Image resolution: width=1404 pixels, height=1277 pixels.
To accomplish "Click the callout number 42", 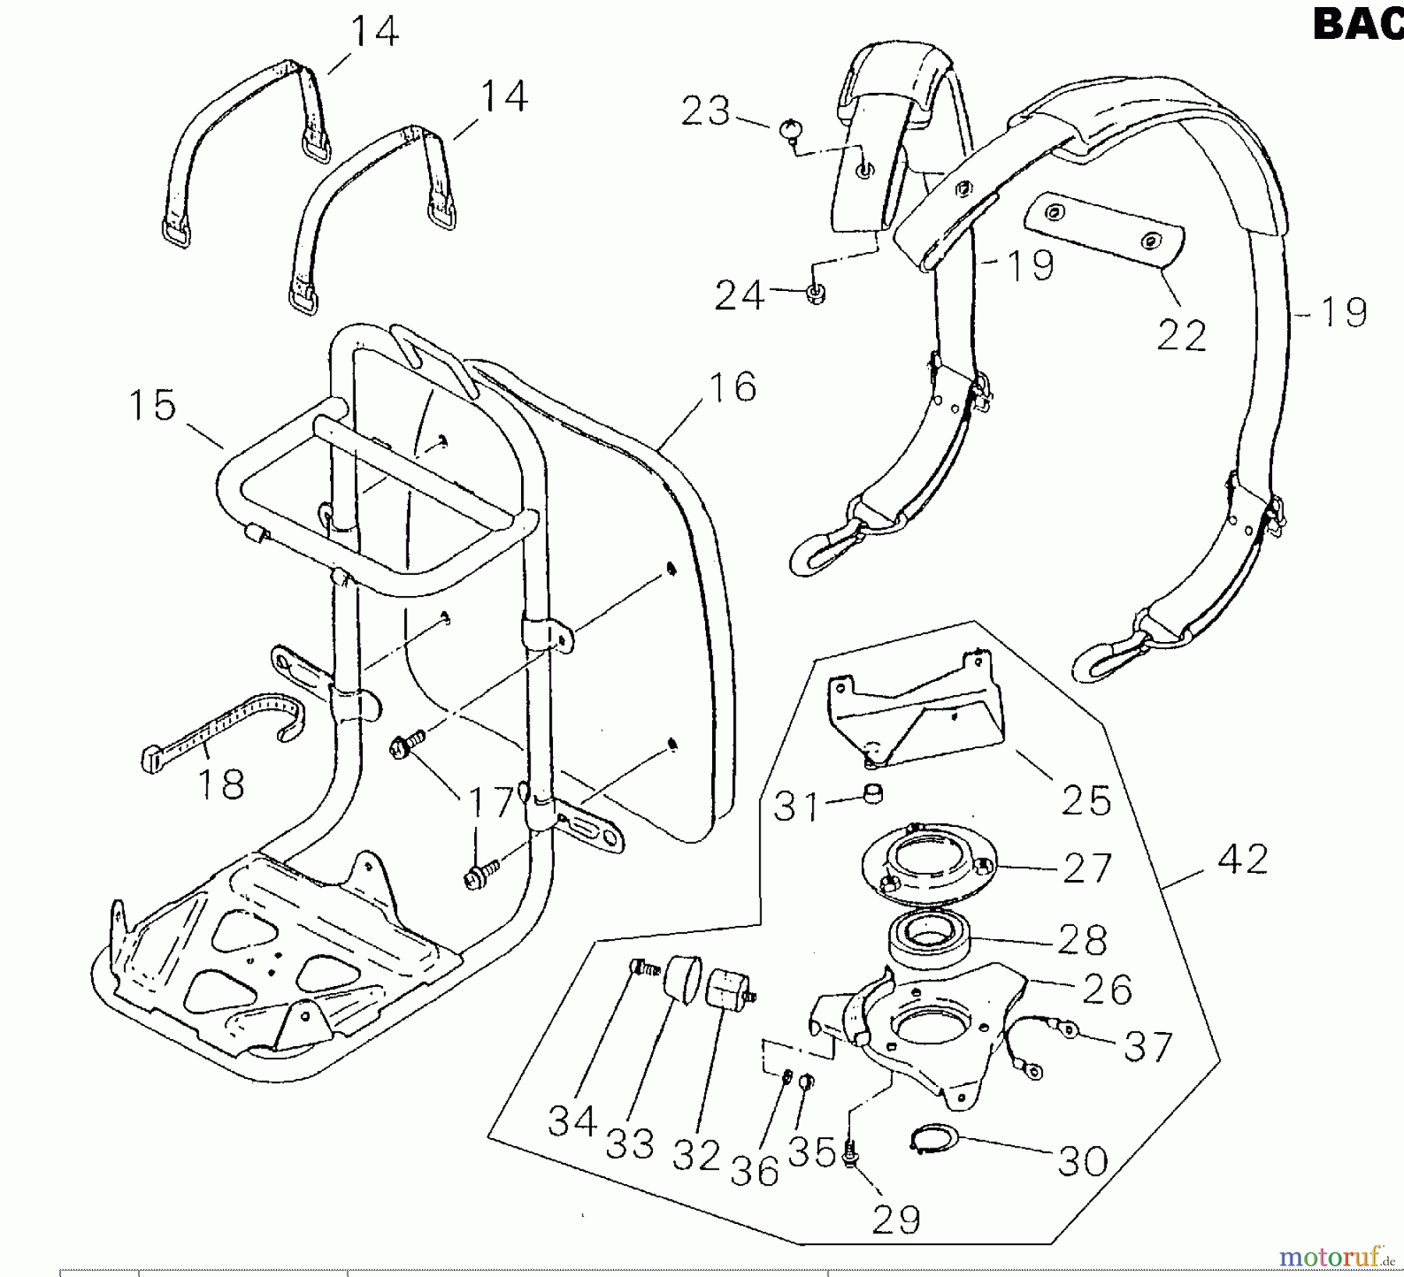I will click(x=1243, y=860).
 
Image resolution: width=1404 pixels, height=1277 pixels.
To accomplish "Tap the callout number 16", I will click(x=732, y=388).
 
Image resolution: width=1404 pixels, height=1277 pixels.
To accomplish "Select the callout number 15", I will click(x=152, y=406).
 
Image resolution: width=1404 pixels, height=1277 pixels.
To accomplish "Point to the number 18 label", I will click(x=221, y=784).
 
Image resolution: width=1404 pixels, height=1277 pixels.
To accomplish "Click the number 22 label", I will click(x=1181, y=336).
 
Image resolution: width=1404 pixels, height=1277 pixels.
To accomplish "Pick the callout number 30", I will click(x=1083, y=1162).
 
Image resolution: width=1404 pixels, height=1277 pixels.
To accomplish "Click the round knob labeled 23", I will click(x=790, y=129).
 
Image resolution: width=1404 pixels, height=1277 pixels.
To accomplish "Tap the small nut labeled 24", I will click(x=816, y=294).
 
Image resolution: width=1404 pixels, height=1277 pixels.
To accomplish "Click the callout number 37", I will click(x=1148, y=1047).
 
